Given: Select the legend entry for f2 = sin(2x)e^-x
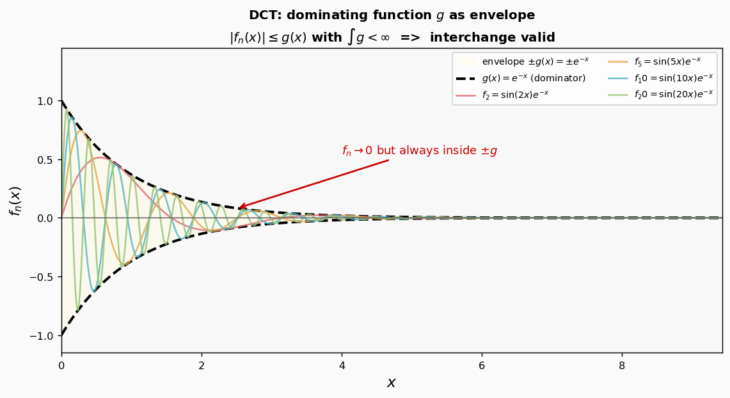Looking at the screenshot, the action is point(502,95).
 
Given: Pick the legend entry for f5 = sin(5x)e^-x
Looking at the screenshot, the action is point(654,61).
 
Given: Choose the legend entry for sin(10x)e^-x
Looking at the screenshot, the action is point(660,77).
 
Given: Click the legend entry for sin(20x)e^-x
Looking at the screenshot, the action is point(660,95).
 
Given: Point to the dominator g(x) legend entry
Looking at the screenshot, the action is point(520,77).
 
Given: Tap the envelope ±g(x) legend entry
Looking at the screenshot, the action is point(522,61).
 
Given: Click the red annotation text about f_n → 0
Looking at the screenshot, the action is point(420,150).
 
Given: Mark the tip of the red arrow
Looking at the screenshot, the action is point(239,207).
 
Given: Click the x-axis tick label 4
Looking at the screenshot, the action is point(342,365).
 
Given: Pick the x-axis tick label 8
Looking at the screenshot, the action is point(622,365).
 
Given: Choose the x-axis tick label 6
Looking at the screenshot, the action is point(482,365).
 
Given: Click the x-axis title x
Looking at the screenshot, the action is point(392,383).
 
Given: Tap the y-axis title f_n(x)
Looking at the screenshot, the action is point(15,201).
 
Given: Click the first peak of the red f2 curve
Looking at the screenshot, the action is point(100,157).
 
